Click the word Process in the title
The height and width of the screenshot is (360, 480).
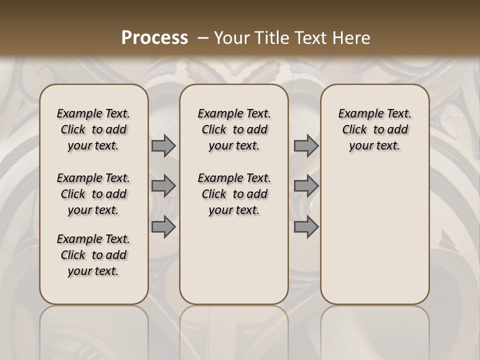tap(154, 37)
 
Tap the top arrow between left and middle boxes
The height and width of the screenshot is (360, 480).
tap(163, 145)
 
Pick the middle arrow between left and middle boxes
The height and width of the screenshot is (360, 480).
tap(163, 186)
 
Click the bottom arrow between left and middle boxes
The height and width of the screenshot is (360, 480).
tap(163, 227)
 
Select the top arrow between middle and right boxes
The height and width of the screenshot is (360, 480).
tap(306, 145)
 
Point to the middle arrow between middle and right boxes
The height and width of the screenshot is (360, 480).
tap(306, 186)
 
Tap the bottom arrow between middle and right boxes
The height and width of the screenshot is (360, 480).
tap(306, 227)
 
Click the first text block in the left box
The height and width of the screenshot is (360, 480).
tap(93, 129)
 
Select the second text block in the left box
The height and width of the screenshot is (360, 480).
tap(93, 194)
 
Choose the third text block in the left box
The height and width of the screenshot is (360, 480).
tap(93, 255)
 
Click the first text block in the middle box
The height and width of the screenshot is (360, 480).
tap(234, 129)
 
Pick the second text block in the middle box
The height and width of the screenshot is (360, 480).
tap(234, 194)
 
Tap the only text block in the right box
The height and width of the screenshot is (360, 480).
tap(375, 129)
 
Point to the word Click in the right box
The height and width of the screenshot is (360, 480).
tap(354, 130)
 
